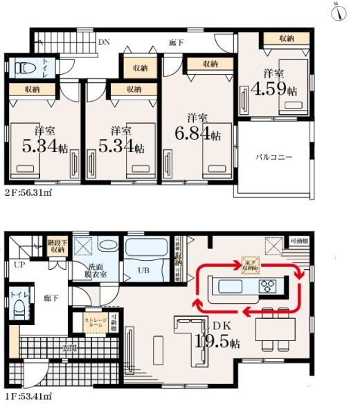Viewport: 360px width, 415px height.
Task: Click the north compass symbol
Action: click(x=339, y=13)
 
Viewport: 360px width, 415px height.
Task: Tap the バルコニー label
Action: click(x=273, y=157)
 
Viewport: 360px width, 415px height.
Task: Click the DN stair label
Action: click(x=104, y=43)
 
